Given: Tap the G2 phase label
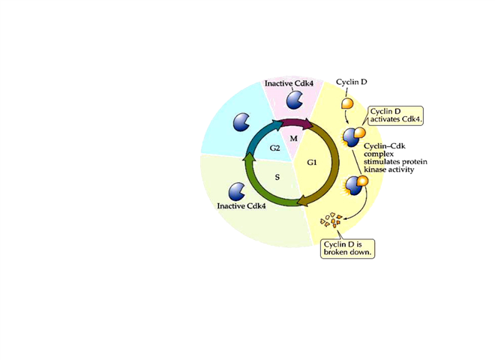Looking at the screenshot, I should [x=275, y=149].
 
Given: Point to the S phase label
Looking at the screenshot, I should [x=277, y=177].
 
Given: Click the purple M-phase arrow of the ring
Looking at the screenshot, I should [x=288, y=123].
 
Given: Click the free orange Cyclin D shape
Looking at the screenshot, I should [x=349, y=105].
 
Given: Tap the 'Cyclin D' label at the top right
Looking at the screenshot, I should [x=352, y=82].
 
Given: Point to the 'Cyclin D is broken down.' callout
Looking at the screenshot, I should [x=347, y=248].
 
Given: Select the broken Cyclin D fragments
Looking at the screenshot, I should [x=331, y=220].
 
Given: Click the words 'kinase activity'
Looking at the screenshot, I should [x=389, y=169].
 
